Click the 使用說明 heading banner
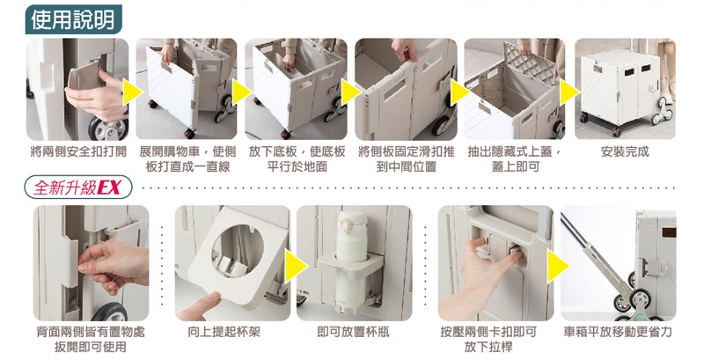(73, 19)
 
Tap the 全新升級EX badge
(78, 187)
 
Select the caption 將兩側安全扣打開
(78, 151)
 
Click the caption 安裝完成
(625, 151)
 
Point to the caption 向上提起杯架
(224, 332)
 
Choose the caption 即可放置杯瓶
(353, 332)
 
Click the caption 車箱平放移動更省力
(618, 332)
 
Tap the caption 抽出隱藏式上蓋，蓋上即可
(515, 159)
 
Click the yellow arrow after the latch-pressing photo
(558, 266)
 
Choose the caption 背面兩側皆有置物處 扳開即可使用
(91, 339)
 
